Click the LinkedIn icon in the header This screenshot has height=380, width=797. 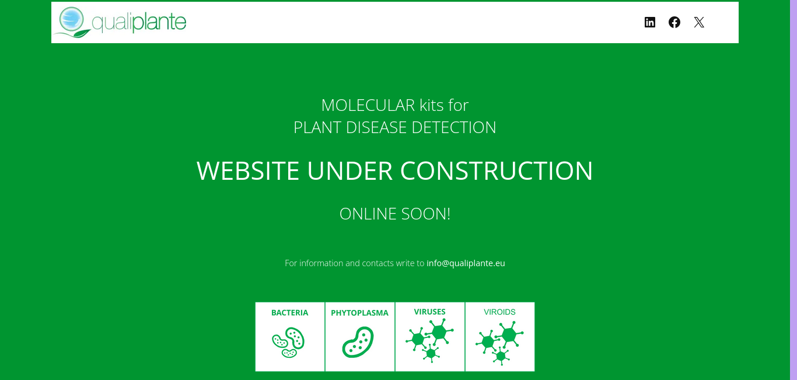(x=650, y=22)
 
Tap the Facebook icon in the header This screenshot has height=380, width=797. (x=674, y=22)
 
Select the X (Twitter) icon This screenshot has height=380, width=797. (x=699, y=22)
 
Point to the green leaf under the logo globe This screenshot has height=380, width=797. (x=81, y=34)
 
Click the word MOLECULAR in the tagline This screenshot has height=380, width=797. (x=368, y=105)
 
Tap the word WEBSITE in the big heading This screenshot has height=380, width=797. (x=247, y=171)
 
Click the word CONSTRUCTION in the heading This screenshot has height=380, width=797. (x=497, y=171)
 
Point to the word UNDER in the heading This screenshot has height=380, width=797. (x=349, y=171)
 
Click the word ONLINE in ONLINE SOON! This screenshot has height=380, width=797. (x=368, y=214)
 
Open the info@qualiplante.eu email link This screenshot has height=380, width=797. (x=466, y=263)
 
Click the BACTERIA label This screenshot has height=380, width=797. (x=289, y=313)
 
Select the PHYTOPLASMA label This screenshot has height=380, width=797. (x=359, y=313)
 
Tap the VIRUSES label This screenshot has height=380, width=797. (x=429, y=312)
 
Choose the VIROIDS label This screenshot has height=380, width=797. (x=499, y=312)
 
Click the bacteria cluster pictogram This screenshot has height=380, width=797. (x=288, y=342)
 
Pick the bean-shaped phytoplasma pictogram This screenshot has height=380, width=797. (x=358, y=342)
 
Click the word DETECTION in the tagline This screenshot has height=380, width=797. (x=454, y=127)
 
